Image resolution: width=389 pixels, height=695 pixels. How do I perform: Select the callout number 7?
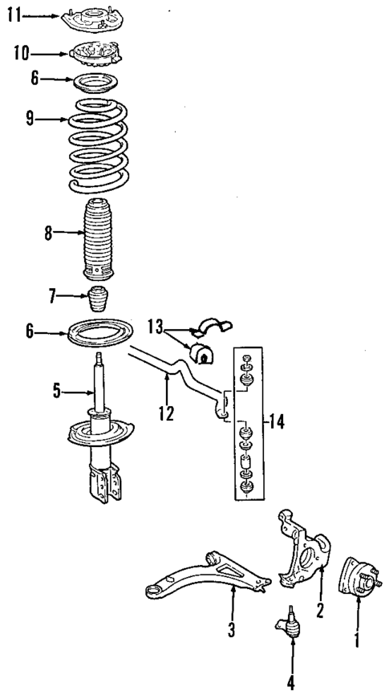click(x=53, y=298)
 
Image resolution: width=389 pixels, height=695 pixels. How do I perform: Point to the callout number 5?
click(x=57, y=392)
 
